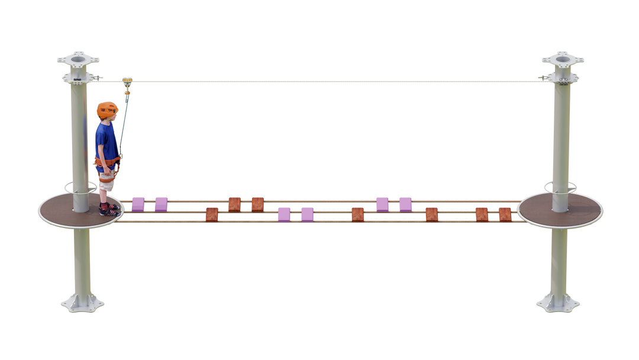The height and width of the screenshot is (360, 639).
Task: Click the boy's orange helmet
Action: click(107, 108)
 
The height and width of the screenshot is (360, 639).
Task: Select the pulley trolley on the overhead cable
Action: click(125, 81)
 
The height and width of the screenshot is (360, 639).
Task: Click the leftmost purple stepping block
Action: click(138, 203)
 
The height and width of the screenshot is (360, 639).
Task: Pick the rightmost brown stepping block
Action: click(505, 213)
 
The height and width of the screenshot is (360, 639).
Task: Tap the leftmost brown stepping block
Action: click(211, 213)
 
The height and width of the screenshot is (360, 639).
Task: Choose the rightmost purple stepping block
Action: click(405, 203)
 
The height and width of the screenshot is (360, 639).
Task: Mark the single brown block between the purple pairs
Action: click(357, 213)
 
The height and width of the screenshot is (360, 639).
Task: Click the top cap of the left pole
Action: click(78, 60)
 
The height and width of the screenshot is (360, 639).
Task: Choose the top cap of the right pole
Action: click(563, 60)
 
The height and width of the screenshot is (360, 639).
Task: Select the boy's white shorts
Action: click(106, 181)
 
